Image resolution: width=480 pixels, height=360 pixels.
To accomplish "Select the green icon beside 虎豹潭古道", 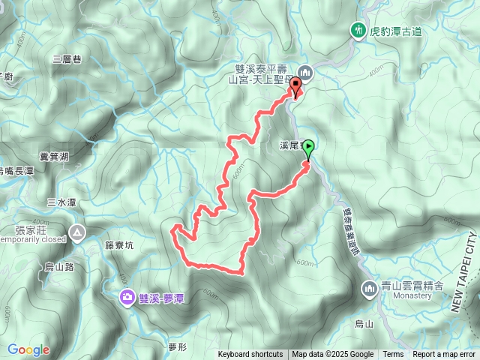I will (358, 31).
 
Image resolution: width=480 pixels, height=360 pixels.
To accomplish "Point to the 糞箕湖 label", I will (54, 156).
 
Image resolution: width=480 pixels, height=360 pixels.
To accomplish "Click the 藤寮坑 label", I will (119, 244).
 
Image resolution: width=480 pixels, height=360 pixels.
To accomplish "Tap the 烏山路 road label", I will (58, 265).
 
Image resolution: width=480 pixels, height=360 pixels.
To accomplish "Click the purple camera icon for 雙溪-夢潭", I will (127, 277).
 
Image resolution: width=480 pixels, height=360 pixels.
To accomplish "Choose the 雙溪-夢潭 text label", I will (162, 277).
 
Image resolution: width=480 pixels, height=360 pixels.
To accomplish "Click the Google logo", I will (28, 349).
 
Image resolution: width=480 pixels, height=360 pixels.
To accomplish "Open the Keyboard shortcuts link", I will (250, 355).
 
